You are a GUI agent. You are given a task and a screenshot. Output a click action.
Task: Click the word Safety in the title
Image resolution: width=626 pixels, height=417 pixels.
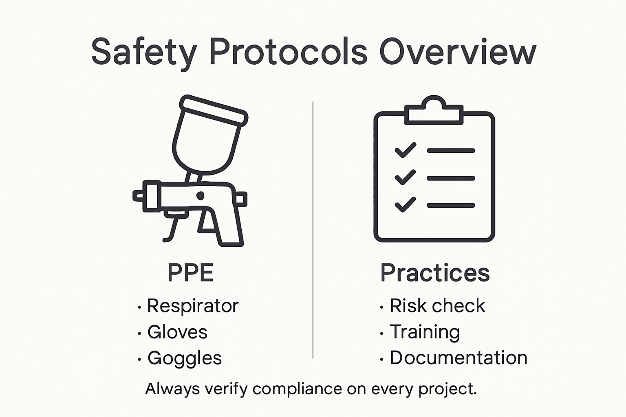(x=143, y=52)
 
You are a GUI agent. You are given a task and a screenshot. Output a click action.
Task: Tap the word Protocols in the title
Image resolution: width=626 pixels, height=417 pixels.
(x=288, y=52)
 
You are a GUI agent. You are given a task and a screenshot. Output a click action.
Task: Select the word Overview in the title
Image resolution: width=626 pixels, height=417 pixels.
(x=458, y=52)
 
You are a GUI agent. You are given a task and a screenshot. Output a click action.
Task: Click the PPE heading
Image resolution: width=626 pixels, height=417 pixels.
(x=190, y=273)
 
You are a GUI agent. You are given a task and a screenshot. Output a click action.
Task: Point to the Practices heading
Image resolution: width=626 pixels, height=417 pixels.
(x=435, y=273)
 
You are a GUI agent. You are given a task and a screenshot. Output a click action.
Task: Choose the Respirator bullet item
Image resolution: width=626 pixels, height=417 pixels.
(x=192, y=306)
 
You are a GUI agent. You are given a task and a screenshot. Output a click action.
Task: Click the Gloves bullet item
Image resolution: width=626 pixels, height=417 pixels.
(x=177, y=332)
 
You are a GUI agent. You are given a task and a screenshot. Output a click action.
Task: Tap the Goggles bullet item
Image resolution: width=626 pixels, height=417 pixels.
(x=184, y=358)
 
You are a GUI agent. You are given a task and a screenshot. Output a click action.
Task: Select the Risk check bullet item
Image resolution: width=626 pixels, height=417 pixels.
(x=437, y=306)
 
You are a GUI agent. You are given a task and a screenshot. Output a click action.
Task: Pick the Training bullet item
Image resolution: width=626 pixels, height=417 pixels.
(x=425, y=332)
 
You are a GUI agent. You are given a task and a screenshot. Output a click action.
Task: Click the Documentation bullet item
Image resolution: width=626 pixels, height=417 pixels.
(x=458, y=358)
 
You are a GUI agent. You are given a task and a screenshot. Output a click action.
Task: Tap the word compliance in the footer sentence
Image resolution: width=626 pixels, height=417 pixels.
(x=297, y=389)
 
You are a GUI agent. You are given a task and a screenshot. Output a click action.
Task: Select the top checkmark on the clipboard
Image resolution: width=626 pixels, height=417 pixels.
(x=406, y=150)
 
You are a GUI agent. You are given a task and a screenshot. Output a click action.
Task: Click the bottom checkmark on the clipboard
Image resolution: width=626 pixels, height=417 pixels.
(x=406, y=205)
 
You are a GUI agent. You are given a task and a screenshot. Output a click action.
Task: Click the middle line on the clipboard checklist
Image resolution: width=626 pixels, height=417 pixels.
(x=451, y=178)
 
